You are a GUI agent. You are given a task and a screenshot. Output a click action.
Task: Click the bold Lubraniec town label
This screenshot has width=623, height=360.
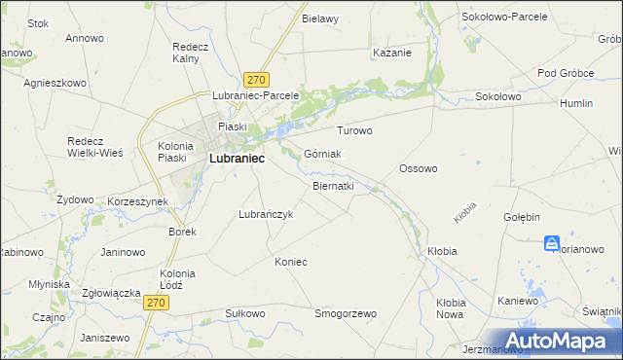pyautogui.click(x=237, y=159)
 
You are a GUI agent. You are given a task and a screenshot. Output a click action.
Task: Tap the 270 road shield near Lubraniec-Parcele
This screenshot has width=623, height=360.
pyautogui.click(x=257, y=80)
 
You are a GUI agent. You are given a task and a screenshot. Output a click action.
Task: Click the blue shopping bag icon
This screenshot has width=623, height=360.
pyautogui.click(x=552, y=243)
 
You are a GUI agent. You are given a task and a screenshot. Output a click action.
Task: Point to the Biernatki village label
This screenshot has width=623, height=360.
pyautogui.click(x=333, y=185)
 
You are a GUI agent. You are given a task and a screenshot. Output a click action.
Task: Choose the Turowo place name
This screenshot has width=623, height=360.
pyautogui.click(x=354, y=130)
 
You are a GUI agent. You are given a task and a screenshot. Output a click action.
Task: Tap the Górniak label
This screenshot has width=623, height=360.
pyautogui.click(x=321, y=154)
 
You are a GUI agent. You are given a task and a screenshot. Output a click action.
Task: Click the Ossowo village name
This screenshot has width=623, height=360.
pyautogui.click(x=418, y=168)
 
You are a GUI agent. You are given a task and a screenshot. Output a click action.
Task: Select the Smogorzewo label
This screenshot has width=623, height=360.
pyautogui.click(x=345, y=313)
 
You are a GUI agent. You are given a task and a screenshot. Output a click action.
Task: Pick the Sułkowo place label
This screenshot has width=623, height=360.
pyautogui.click(x=244, y=313)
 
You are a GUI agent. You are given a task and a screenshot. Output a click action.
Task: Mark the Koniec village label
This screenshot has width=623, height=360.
pyautogui.click(x=290, y=262)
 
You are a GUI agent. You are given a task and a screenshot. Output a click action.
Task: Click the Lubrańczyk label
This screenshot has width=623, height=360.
pyautogui.click(x=266, y=214)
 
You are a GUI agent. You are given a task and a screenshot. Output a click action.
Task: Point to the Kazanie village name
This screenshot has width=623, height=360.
pyautogui.click(x=391, y=53)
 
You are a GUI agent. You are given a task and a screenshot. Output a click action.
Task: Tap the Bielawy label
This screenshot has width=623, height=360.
pyautogui.click(x=319, y=18)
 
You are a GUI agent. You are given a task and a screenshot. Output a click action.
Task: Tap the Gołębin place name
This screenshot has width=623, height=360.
pyautogui.click(x=522, y=217)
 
